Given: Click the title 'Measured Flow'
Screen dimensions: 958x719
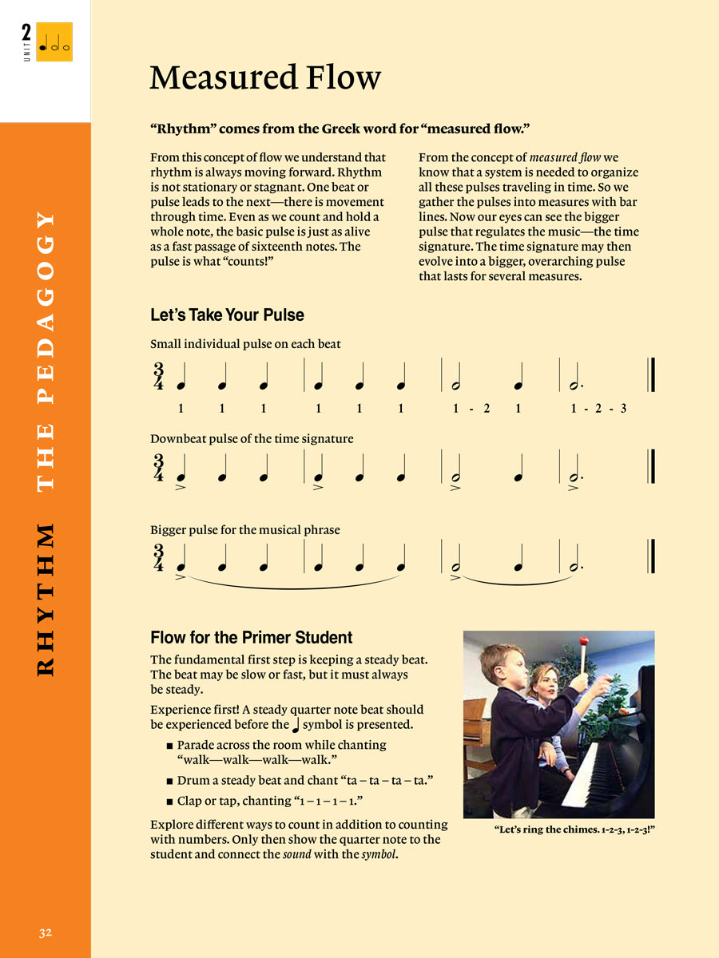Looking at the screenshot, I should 264,78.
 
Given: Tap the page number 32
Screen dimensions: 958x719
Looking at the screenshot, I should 46,932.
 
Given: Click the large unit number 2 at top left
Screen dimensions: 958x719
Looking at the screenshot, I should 26,34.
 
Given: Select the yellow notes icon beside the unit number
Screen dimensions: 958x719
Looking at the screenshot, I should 54,42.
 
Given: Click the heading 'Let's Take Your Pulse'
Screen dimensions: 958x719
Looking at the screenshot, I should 227,315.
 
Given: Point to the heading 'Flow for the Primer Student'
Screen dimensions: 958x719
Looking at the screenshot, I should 251,638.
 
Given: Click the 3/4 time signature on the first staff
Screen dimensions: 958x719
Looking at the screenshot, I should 159,376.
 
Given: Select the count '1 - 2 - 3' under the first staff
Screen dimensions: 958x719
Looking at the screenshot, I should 598,409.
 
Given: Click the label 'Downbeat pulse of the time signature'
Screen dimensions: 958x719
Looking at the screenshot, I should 252,439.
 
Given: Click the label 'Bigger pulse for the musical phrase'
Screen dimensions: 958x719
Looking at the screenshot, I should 244,530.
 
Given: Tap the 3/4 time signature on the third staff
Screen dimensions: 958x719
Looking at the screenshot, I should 159,557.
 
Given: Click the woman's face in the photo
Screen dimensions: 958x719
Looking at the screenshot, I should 546,684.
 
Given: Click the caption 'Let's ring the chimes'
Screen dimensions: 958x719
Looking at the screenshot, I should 574,829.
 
